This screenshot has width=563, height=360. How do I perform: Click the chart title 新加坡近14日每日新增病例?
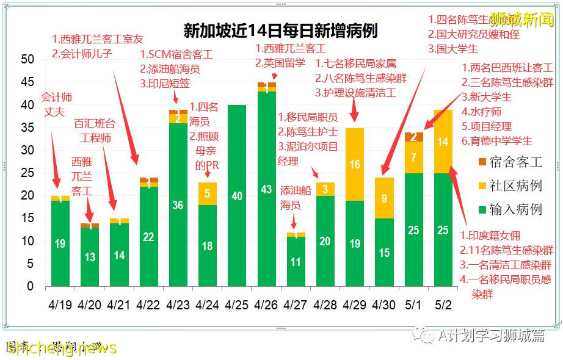pyautogui.click(x=280, y=31)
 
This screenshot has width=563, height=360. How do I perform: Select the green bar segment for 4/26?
pyautogui.click(x=266, y=189)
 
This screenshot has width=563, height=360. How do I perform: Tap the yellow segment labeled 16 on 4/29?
pyautogui.click(x=354, y=164)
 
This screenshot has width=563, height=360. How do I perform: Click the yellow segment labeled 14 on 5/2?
pyautogui.click(x=443, y=142)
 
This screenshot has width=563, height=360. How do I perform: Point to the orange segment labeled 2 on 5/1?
pyautogui.click(x=413, y=137)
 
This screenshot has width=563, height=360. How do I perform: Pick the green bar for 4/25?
pyautogui.click(x=236, y=196)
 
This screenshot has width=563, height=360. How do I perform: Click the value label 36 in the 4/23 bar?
pyautogui.click(x=178, y=205)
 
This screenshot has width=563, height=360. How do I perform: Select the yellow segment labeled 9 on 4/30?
pyautogui.click(x=384, y=198)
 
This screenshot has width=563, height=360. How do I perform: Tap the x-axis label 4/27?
pyautogui.click(x=296, y=304)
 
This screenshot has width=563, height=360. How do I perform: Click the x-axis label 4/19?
pyautogui.click(x=60, y=304)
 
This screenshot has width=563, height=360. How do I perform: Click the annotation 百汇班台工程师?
pyautogui.click(x=93, y=131)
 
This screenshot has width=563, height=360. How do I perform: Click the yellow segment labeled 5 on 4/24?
pyautogui.click(x=207, y=193)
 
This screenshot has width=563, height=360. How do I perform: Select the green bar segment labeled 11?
pyautogui.click(x=296, y=262)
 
